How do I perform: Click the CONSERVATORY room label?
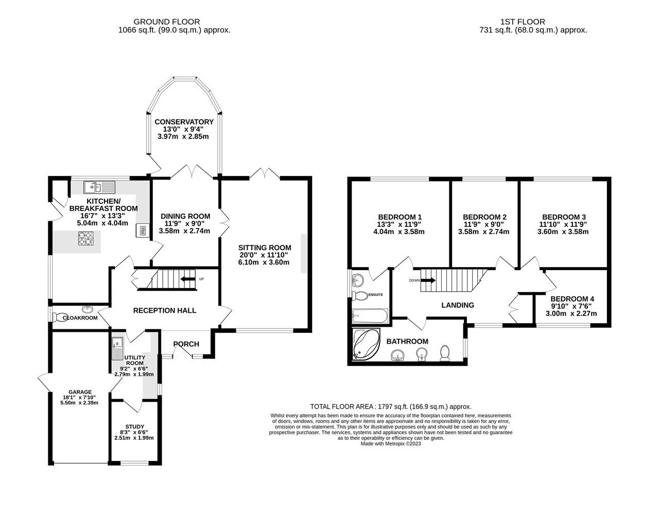(184, 121)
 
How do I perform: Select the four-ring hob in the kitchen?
(85, 238)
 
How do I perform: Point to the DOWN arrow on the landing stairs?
(428, 280)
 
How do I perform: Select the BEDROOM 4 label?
(572, 298)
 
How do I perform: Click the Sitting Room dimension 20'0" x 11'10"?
(264, 255)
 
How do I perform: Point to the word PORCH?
(186, 344)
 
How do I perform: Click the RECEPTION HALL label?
(164, 310)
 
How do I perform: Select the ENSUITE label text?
(375, 295)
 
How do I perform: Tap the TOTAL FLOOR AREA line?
(390, 406)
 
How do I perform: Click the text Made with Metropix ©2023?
(391, 444)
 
